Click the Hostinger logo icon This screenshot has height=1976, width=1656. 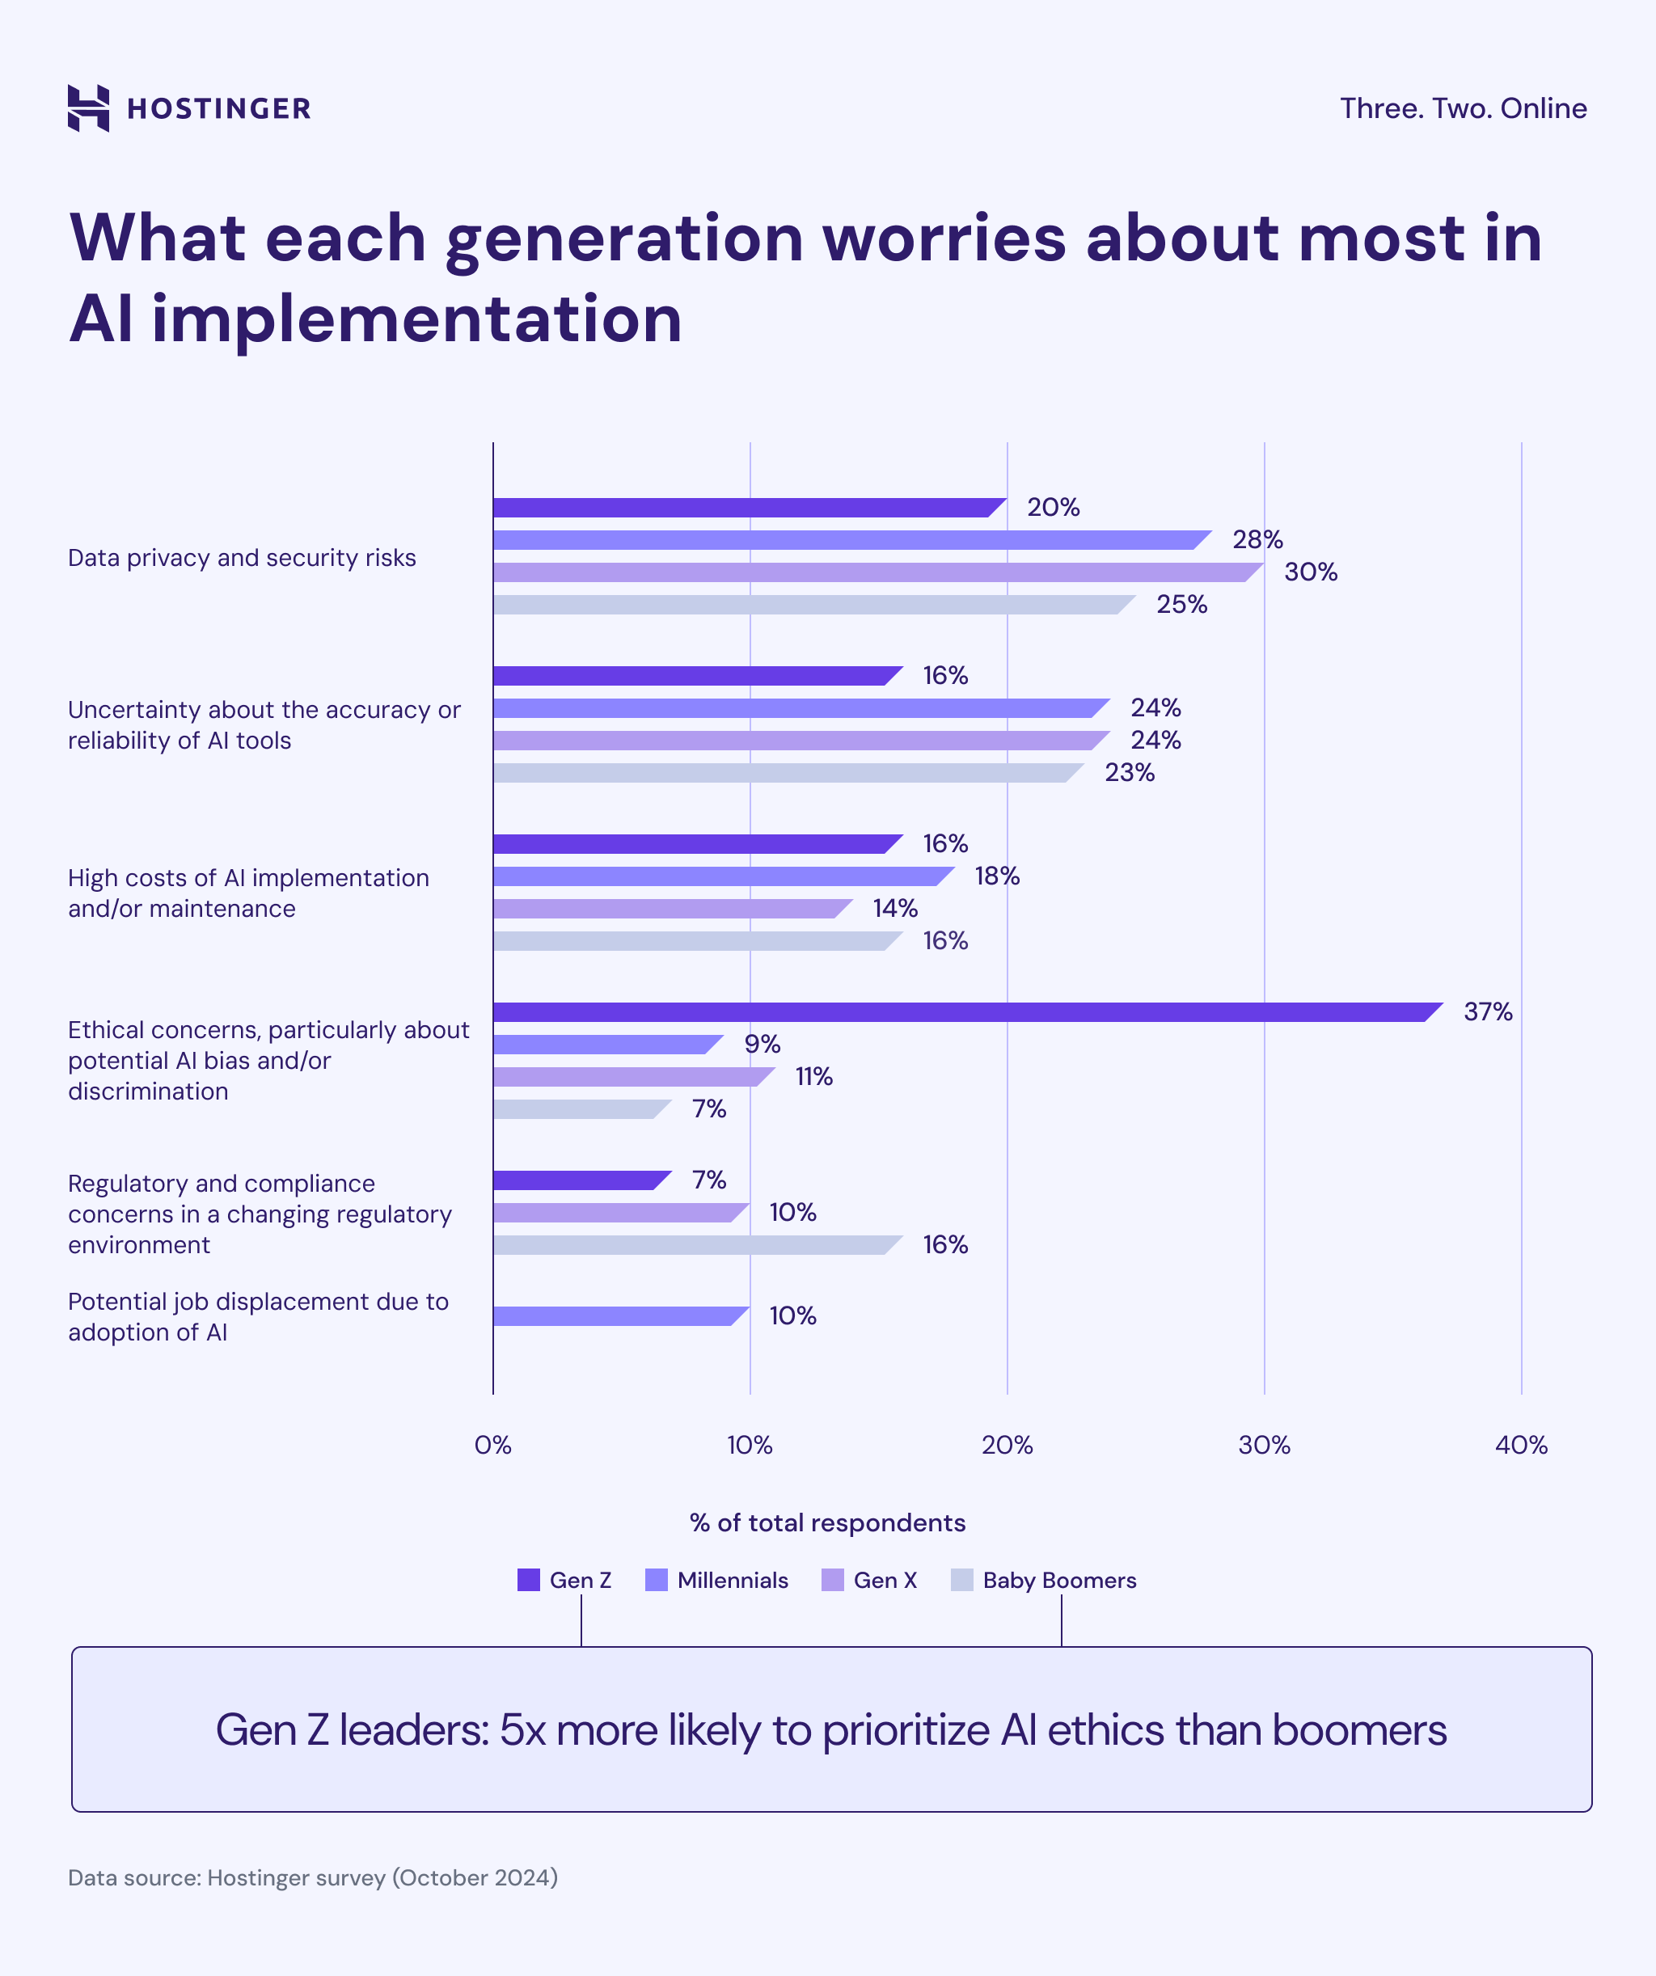88,108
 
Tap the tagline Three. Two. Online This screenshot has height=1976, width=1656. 1462,108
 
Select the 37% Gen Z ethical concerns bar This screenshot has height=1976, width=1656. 960,1011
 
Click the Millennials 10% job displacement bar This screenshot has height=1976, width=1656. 616,1315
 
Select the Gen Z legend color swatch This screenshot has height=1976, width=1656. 529,1580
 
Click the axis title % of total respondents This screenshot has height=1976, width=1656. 827,1522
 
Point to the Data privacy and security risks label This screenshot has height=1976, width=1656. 242,558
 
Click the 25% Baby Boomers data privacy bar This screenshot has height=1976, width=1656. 809,604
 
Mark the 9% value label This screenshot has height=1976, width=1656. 763,1044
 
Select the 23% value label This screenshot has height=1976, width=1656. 1128,772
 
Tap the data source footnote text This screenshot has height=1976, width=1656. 312,1877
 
